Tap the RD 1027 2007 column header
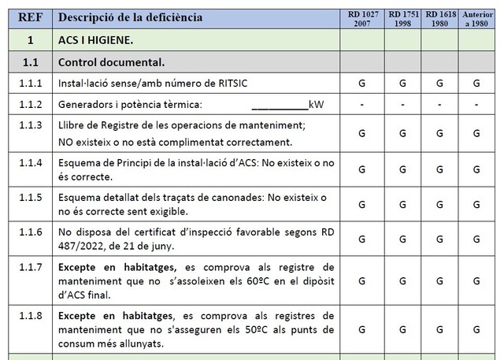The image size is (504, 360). pyautogui.click(x=361, y=17)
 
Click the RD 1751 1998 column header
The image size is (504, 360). pyautogui.click(x=402, y=17)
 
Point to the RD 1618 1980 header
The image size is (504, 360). pyautogui.click(x=439, y=17)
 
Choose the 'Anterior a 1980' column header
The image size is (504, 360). pyautogui.click(x=476, y=17)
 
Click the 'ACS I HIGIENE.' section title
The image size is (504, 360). pyautogui.click(x=95, y=39)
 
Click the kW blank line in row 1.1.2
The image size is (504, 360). pyautogui.click(x=280, y=105)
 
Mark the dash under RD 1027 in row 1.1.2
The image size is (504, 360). pyautogui.click(x=361, y=105)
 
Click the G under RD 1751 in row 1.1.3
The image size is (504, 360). pyautogui.click(x=402, y=133)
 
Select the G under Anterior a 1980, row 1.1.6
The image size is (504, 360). pyautogui.click(x=476, y=238)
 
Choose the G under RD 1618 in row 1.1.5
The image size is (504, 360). pyautogui.click(x=439, y=203)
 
